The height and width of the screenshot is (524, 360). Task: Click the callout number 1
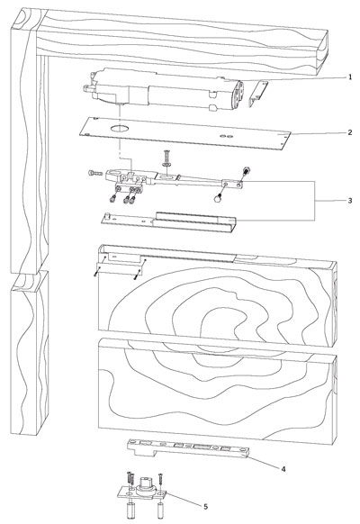pos(350,77)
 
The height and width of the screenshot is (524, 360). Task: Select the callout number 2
pos(350,132)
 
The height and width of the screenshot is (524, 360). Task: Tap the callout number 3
pos(350,201)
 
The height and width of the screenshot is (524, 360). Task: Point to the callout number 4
pos(283,469)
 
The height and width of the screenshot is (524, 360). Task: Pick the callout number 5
pos(205,507)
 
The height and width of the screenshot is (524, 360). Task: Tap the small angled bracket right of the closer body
pos(258,94)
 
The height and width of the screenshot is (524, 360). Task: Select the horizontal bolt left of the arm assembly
pos(95,173)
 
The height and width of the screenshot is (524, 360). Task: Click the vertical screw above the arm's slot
pos(166,159)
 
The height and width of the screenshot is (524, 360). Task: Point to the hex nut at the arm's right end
pos(247,170)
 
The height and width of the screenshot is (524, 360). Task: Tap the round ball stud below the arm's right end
pos(218,198)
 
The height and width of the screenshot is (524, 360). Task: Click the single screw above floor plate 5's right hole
pos(160,480)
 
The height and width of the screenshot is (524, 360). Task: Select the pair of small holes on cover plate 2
pos(227,136)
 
